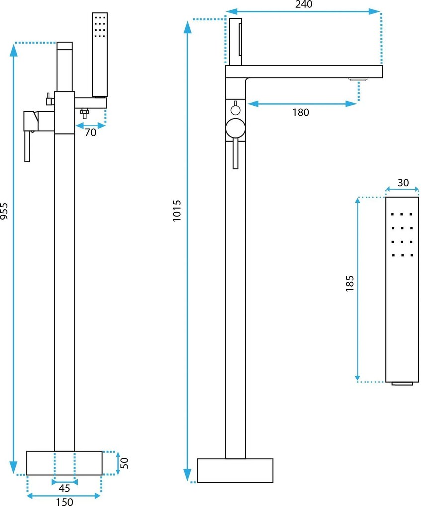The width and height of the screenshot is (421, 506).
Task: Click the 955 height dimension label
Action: click(4, 211)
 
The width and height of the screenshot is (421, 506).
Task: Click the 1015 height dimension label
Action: click(177, 211)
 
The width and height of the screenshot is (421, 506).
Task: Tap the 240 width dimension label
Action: click(304, 4)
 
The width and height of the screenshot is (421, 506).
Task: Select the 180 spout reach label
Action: click(300, 112)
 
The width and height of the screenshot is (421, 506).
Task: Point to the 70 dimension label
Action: click(91, 132)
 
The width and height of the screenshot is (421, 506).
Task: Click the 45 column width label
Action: click(64, 488)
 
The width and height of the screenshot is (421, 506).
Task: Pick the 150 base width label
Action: click(64, 502)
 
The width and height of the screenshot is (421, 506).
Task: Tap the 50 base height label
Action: click(124, 463)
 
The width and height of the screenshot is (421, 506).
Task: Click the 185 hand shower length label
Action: click(350, 284)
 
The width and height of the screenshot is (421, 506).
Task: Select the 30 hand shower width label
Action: click(403, 183)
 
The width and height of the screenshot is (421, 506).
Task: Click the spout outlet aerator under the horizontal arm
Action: click(358, 79)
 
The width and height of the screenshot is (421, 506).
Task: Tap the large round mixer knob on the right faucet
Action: click(235, 128)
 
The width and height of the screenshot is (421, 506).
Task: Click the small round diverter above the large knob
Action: click(236, 110)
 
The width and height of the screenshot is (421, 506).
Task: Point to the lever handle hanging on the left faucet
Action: click(27, 146)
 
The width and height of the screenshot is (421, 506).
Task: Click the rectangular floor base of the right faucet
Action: click(236, 470)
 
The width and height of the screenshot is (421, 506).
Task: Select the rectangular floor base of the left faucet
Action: click(64, 463)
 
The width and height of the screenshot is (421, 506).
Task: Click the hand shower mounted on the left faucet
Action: click(100, 55)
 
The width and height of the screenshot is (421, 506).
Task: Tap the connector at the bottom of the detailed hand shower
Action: click(402, 383)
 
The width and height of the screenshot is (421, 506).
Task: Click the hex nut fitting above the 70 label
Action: click(84, 113)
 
